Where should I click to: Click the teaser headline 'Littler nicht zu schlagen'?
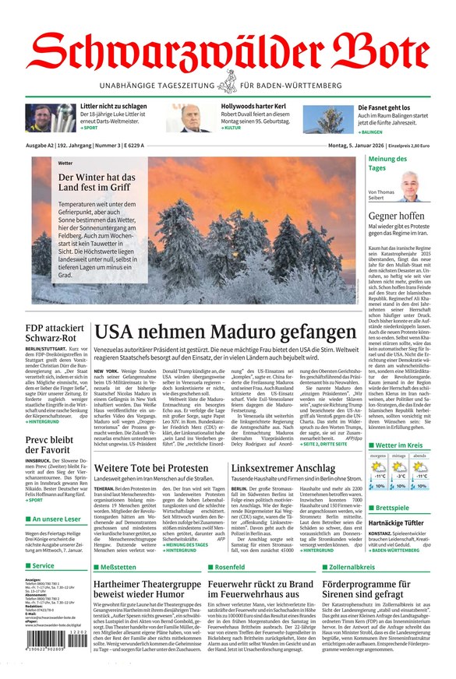[x=113, y=106]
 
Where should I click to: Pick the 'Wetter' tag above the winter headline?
[x=65, y=163]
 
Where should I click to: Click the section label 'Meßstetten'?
[x=117, y=567]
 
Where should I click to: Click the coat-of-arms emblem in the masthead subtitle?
[x=228, y=81]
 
